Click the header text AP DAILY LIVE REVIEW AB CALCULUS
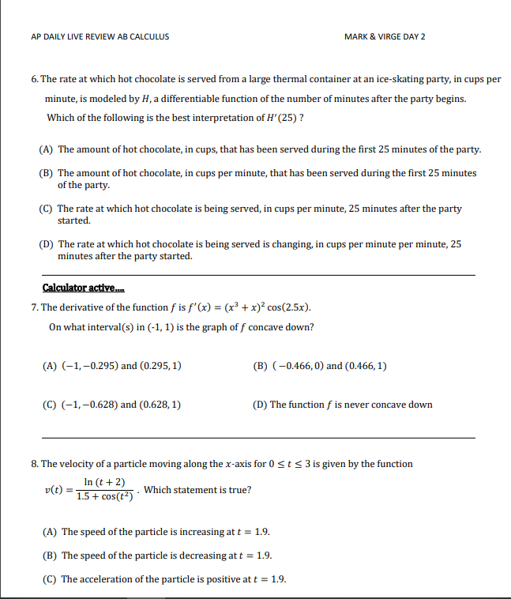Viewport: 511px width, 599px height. point(100,37)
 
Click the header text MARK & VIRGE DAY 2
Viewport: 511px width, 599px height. point(385,37)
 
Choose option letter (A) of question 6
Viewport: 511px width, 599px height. point(47,149)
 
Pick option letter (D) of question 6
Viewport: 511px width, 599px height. point(47,244)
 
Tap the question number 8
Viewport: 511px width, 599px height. point(34,464)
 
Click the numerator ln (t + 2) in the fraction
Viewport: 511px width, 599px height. point(104,482)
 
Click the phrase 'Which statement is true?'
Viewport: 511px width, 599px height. point(197,490)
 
